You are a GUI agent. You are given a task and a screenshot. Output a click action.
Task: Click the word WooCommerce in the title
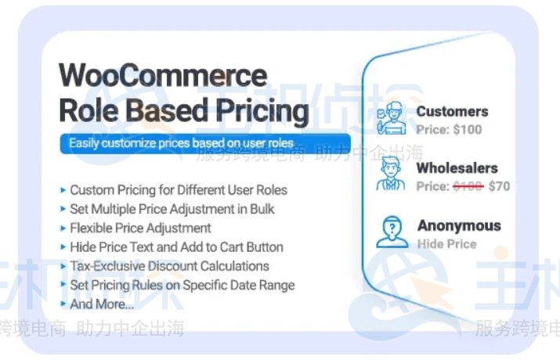(x=163, y=76)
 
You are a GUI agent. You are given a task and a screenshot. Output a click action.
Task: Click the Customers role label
(x=452, y=112)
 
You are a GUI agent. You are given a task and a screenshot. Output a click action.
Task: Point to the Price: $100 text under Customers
(x=449, y=129)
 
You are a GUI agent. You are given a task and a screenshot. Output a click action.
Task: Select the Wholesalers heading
(x=457, y=168)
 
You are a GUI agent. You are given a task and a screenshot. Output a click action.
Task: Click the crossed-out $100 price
(x=468, y=186)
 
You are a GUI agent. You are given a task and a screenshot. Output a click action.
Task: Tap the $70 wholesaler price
(x=499, y=186)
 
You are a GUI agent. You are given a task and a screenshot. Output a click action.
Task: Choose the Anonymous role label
(x=458, y=225)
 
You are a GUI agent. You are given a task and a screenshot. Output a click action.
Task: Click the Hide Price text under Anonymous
(x=446, y=243)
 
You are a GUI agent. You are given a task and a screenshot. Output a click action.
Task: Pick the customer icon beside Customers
(x=391, y=119)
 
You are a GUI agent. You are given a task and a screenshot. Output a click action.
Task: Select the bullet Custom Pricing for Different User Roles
(x=178, y=190)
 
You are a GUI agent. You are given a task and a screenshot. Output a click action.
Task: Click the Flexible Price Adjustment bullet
(x=140, y=228)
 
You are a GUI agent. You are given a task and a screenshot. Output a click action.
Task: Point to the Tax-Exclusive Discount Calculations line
(x=169, y=266)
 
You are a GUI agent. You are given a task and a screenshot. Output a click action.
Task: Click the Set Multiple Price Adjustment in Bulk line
(x=172, y=209)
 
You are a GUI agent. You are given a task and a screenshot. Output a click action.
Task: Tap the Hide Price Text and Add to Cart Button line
(x=176, y=247)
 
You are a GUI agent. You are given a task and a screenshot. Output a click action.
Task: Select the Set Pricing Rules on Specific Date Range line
(x=182, y=285)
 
